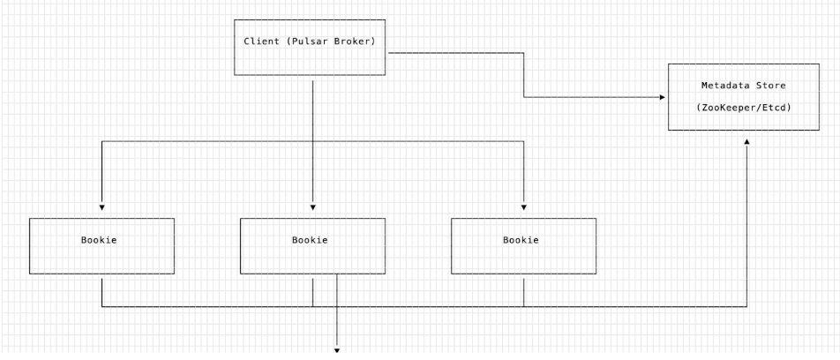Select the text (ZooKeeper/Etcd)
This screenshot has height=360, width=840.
pos(744,107)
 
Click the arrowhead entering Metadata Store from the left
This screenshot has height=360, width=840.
pos(662,97)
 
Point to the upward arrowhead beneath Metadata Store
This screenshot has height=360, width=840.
pos(746,141)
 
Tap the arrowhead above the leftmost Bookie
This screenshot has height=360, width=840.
pos(101,207)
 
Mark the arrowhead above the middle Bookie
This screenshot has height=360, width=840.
pos(313,207)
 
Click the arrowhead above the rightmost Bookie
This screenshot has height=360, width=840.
pos(524,207)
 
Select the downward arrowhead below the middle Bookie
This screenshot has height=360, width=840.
pos(337,351)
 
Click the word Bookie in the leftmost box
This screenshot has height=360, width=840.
pos(99,240)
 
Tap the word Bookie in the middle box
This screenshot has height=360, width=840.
pos(310,240)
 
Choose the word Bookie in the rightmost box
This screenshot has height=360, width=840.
pos(521,240)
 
